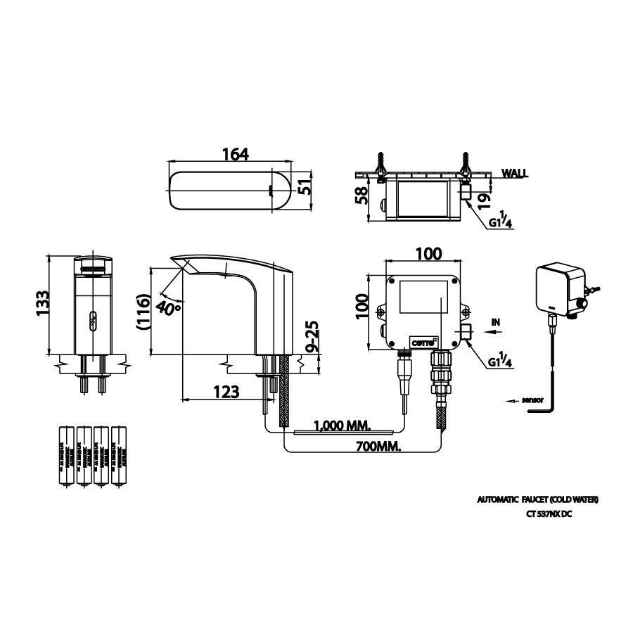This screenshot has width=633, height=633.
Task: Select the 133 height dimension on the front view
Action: [x=41, y=304]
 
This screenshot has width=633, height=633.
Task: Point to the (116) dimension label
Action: [x=142, y=310]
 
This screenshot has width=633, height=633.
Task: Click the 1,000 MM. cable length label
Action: [x=343, y=425]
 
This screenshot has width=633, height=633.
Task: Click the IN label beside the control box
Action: [x=495, y=322]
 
